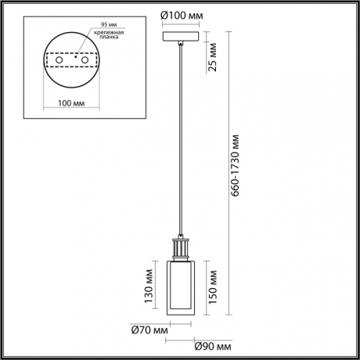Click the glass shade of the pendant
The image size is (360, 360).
181,286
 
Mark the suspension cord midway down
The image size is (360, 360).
181,141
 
